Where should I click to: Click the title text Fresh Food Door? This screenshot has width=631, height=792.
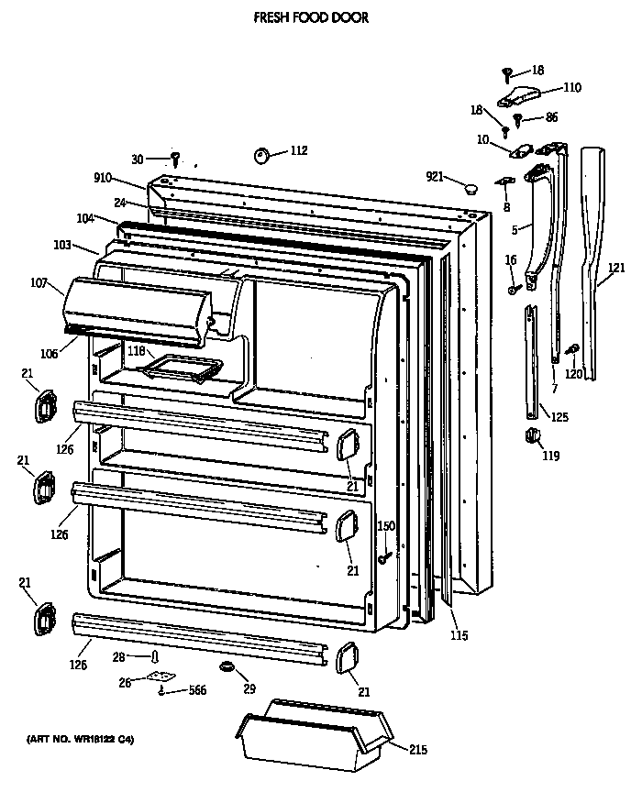(311, 17)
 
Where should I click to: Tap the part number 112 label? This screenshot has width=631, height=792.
(299, 151)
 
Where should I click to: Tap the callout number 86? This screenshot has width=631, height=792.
(551, 117)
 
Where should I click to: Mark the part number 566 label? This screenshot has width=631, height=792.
(197, 691)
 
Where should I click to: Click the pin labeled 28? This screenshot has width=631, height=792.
(155, 656)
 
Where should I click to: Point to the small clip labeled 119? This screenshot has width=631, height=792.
(529, 435)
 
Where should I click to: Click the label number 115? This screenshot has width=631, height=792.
(459, 635)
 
